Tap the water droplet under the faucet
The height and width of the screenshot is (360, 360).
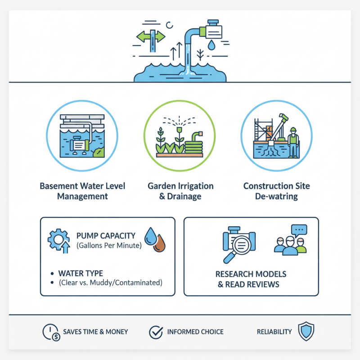[x=212, y=45]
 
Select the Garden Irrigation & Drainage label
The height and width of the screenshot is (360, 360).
[x=180, y=191]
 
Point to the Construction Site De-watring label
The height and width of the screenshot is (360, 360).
[x=276, y=191]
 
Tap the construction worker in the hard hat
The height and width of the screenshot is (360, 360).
[x=293, y=141]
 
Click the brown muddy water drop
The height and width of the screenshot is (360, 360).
[x=159, y=244]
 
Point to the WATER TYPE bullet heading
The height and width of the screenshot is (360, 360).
[x=81, y=273]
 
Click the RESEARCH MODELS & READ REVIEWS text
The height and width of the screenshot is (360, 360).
[x=251, y=279]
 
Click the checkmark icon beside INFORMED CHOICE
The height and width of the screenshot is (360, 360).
[x=155, y=332]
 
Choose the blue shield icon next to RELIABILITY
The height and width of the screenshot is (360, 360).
[x=306, y=332]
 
